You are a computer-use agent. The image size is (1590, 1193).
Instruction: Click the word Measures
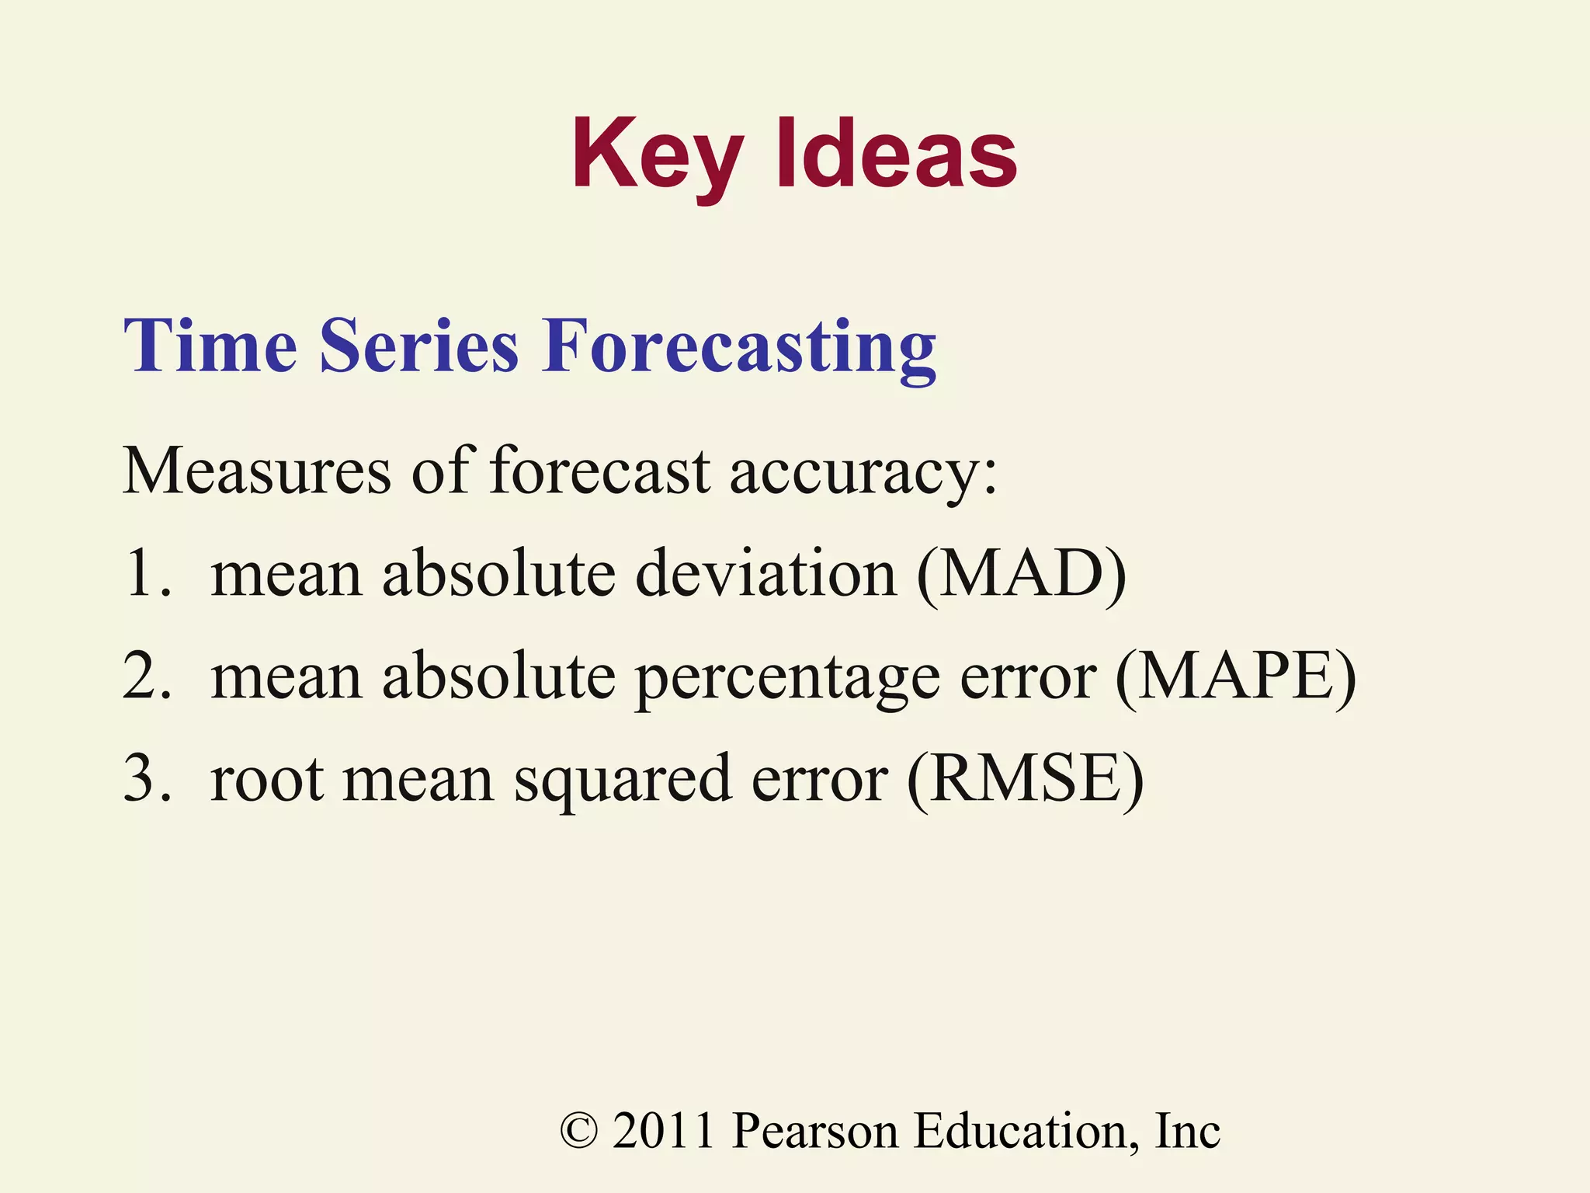pos(257,471)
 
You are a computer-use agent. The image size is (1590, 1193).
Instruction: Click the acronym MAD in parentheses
pos(1021,575)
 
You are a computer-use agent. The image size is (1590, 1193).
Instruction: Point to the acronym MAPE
pos(1235,677)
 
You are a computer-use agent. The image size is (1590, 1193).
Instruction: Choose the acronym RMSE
pos(1025,780)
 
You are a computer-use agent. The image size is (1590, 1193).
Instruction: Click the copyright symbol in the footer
pos(579,1131)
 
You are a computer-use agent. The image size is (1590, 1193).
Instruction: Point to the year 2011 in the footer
pos(663,1131)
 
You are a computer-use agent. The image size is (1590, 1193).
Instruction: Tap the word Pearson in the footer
pos(814,1131)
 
